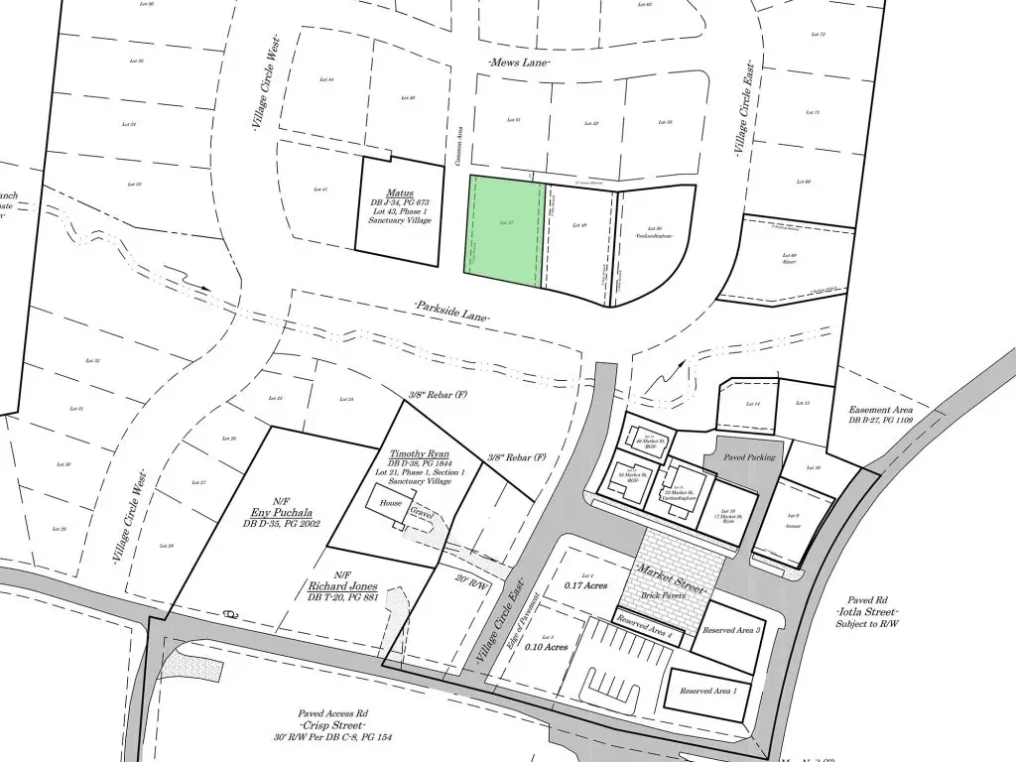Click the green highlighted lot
pos(505,232)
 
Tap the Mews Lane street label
pos(519,62)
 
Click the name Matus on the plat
pos(400,193)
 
